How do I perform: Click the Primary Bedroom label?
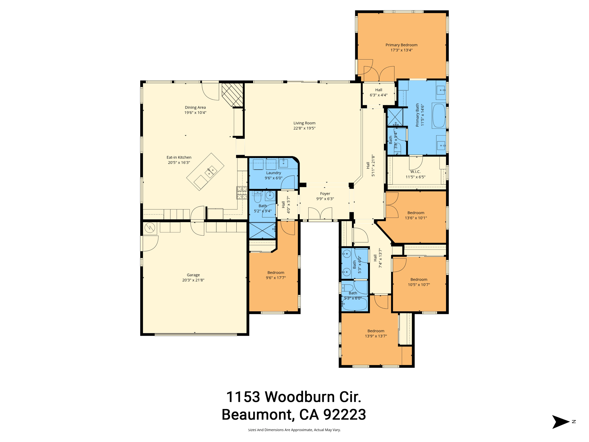point(401,45)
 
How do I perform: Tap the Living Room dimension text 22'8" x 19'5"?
point(304,128)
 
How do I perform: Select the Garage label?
point(193,275)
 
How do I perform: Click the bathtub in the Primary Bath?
point(439,116)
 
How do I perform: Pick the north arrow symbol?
point(560,422)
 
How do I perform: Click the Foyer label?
point(325,194)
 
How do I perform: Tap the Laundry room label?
point(274,173)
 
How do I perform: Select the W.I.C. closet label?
point(415,172)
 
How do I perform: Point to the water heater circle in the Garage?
point(150,228)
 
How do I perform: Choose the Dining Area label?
point(195,107)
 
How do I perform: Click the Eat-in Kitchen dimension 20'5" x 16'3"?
point(179,163)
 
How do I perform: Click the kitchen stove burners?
point(242,193)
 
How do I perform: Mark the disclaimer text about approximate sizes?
point(294,430)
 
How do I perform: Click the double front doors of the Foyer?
point(320,214)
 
